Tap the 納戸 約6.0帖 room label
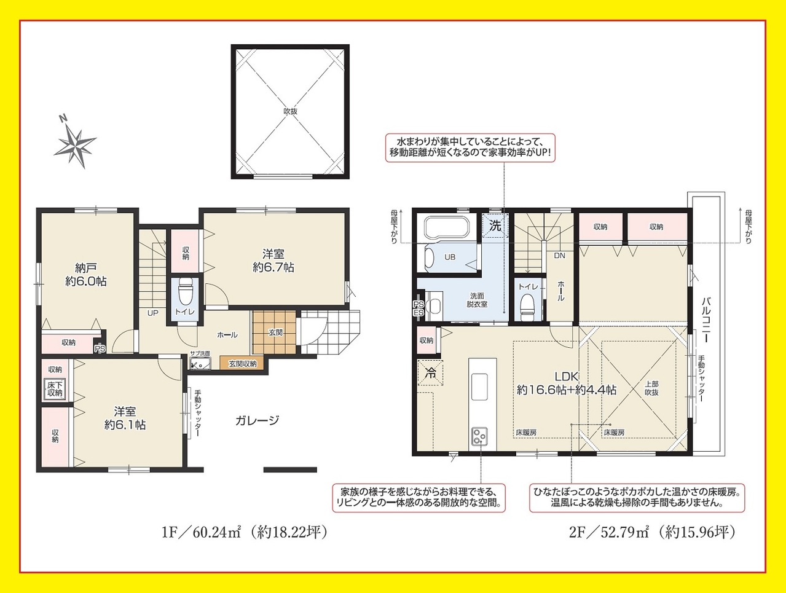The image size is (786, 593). pyautogui.click(x=86, y=274)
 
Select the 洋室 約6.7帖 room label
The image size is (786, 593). pyautogui.click(x=273, y=261)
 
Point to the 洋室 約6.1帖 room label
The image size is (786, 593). pyautogui.click(x=125, y=418)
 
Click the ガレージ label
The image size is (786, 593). pyautogui.click(x=257, y=420)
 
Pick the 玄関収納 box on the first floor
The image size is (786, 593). pyautogui.click(x=242, y=364)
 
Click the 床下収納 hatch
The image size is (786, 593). pyautogui.click(x=55, y=389)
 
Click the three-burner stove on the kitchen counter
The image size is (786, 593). pyautogui.click(x=480, y=436)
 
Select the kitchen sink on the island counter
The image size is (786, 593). pyautogui.click(x=479, y=387)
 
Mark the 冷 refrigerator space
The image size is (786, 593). pyautogui.click(x=430, y=373)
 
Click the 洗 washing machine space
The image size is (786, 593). pyautogui.click(x=495, y=226)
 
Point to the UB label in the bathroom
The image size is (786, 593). pyautogui.click(x=450, y=257)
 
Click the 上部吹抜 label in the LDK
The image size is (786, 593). pyautogui.click(x=651, y=388)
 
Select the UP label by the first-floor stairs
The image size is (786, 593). pyautogui.click(x=153, y=313)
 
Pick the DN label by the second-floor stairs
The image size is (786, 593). pyautogui.click(x=559, y=256)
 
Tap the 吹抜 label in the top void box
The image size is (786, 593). pyautogui.click(x=291, y=111)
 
